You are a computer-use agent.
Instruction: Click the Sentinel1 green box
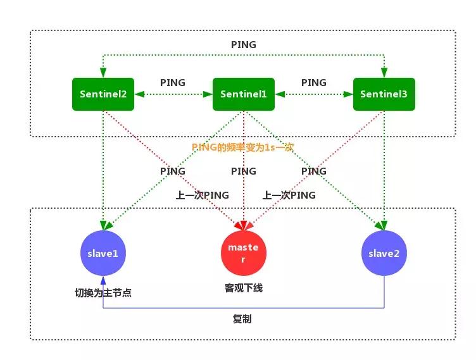pyautogui.click(x=244, y=94)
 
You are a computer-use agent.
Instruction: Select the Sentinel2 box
pyautogui.click(x=103, y=94)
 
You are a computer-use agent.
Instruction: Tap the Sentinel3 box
pyautogui.click(x=384, y=94)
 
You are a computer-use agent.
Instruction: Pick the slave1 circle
pyautogui.click(x=103, y=254)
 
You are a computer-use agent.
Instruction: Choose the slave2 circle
pyautogui.click(x=384, y=254)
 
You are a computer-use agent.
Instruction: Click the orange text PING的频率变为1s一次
pyautogui.click(x=243, y=147)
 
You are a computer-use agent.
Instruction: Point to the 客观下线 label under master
pyautogui.click(x=244, y=288)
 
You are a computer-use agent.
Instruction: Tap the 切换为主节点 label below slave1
pyautogui.click(x=103, y=293)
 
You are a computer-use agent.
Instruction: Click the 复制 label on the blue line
pyautogui.click(x=242, y=319)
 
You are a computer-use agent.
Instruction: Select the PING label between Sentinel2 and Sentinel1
pyautogui.click(x=173, y=83)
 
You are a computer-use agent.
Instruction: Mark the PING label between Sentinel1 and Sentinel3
pyautogui.click(x=314, y=83)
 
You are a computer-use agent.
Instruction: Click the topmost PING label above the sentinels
pyautogui.click(x=244, y=46)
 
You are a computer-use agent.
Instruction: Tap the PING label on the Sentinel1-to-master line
pyautogui.click(x=244, y=171)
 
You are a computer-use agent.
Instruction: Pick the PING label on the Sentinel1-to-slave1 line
pyautogui.click(x=173, y=171)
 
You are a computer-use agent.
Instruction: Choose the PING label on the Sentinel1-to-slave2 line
pyautogui.click(x=314, y=171)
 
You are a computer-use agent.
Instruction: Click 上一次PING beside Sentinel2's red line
pyautogui.click(x=203, y=196)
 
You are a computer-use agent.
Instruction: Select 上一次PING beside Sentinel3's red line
pyautogui.click(x=289, y=196)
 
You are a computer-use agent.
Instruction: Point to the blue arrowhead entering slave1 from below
pyautogui.click(x=103, y=280)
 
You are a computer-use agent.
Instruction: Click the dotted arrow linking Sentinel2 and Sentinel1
pyautogui.click(x=173, y=94)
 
